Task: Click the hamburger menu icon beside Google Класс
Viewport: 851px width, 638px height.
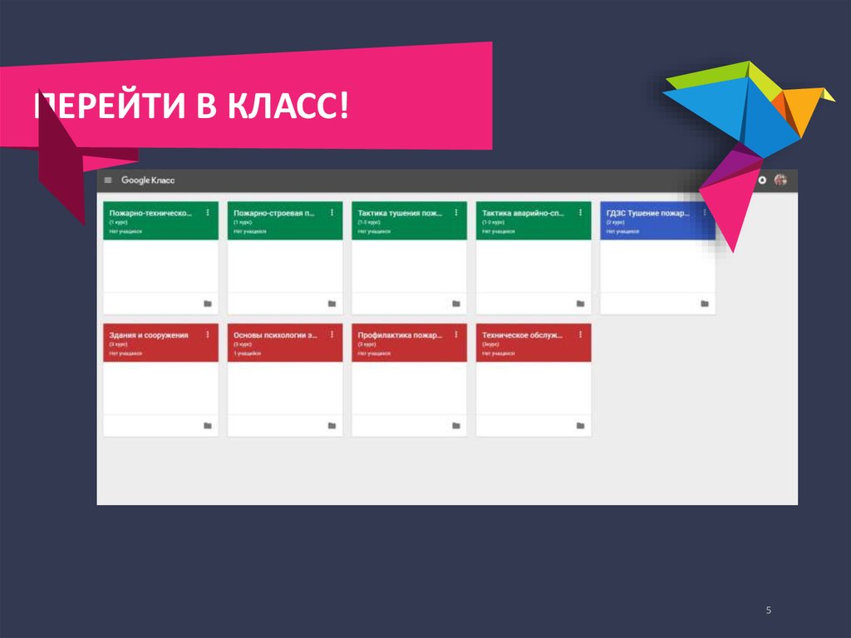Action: point(108,181)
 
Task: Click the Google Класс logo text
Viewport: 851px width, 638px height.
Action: point(148,181)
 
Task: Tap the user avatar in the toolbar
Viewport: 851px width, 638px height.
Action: point(780,180)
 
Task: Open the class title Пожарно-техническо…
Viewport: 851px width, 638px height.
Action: point(150,213)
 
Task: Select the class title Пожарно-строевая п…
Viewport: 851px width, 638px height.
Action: point(274,213)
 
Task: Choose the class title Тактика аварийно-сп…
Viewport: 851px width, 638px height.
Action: point(524,213)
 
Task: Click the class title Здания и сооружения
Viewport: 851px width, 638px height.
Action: point(149,335)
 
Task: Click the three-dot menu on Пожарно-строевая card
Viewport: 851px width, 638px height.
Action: point(332,213)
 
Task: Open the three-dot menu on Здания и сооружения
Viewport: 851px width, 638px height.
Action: point(207,334)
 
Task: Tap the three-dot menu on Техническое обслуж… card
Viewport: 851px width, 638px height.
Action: point(580,334)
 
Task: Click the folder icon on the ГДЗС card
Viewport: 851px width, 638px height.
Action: point(704,304)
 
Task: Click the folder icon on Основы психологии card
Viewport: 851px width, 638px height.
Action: point(331,426)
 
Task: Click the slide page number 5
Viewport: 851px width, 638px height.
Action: point(769,611)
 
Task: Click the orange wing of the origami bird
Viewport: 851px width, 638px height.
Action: point(802,104)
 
